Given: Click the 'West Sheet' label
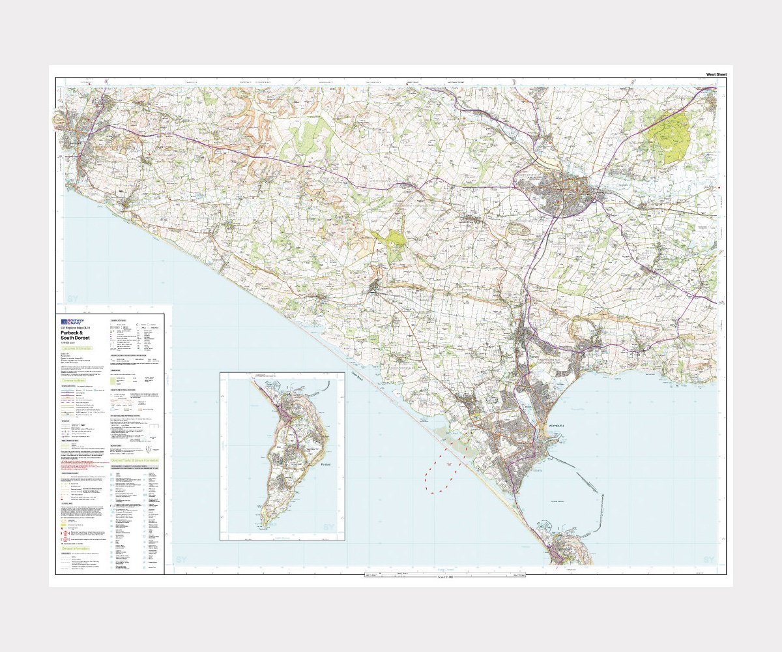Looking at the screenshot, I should pos(716,75).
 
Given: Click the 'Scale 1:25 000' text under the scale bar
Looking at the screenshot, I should pos(445,578).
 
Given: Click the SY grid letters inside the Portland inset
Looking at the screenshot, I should pos(328,527).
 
